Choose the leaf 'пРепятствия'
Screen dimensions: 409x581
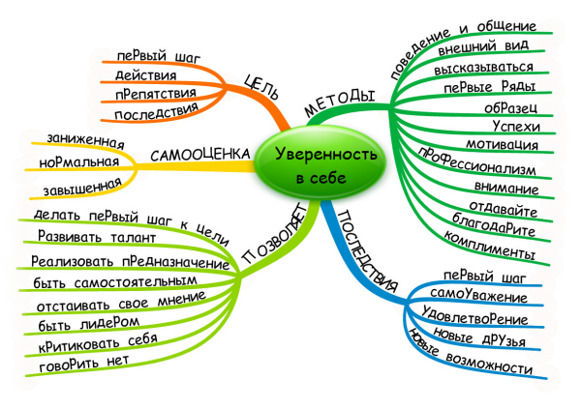click(x=156, y=94)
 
